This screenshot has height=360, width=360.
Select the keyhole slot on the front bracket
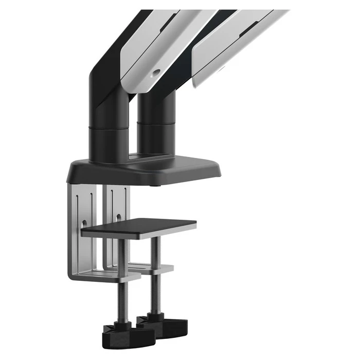coord(82,224)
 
